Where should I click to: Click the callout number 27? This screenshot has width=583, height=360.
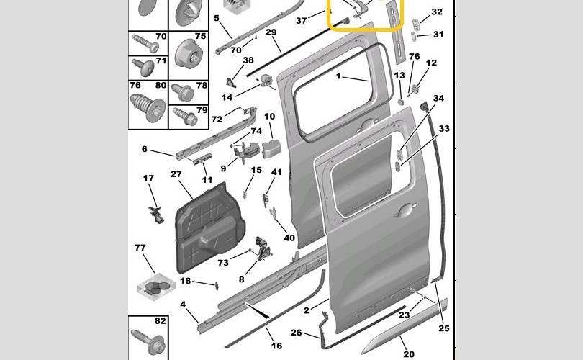176,174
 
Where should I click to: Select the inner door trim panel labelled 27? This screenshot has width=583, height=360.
209,228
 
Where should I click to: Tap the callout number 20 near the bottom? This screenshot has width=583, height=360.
409,354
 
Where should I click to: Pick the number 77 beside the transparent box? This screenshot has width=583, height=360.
140,247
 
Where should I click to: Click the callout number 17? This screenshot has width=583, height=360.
148,178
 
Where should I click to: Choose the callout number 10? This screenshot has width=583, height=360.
270,117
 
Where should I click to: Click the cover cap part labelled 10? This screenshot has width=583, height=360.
271,149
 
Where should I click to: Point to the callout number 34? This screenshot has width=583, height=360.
439,98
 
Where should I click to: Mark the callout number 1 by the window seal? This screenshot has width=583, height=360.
338,76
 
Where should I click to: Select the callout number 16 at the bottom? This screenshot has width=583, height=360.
276,346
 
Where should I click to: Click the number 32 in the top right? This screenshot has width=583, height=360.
437,12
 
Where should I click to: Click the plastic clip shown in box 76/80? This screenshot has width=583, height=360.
148,107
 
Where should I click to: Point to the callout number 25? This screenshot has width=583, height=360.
444,328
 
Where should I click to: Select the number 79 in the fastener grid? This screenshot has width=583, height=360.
202,110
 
